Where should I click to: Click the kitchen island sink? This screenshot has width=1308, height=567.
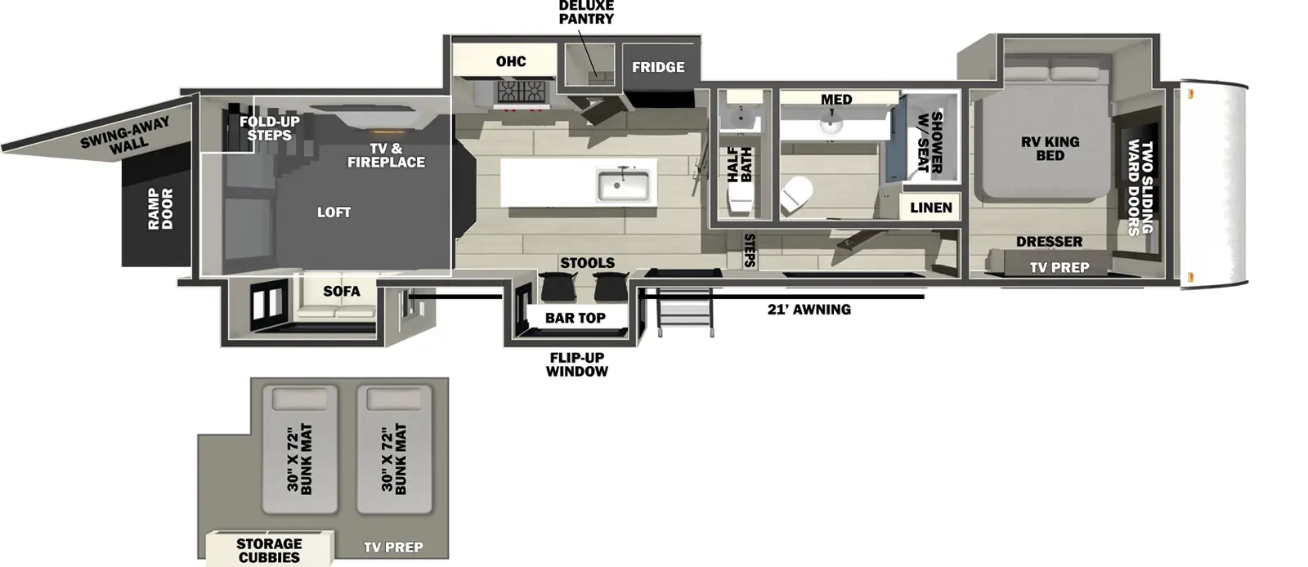tap(624, 185)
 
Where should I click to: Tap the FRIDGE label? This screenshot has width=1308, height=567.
tap(658, 67)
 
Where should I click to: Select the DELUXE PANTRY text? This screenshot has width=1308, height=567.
tap(586, 12)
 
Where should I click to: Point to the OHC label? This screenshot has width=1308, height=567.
tap(511, 61)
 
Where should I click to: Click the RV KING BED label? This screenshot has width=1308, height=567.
tap(1050, 148)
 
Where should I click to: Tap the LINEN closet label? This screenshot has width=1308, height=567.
tap(931, 208)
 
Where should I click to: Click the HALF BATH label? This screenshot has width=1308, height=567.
tap(739, 164)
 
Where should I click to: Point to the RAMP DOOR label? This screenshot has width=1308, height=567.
tap(160, 209)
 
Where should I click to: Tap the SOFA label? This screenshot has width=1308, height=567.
tap(341, 291)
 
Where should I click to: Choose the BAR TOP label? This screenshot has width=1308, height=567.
tap(576, 318)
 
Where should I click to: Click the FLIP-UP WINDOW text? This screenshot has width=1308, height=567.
tap(577, 364)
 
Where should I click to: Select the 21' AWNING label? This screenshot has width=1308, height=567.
tap(809, 309)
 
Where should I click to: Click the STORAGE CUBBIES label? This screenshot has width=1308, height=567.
tap(269, 550)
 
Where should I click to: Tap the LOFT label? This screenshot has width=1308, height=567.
tap(334, 212)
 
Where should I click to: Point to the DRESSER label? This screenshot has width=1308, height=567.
tap(1049, 241)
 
